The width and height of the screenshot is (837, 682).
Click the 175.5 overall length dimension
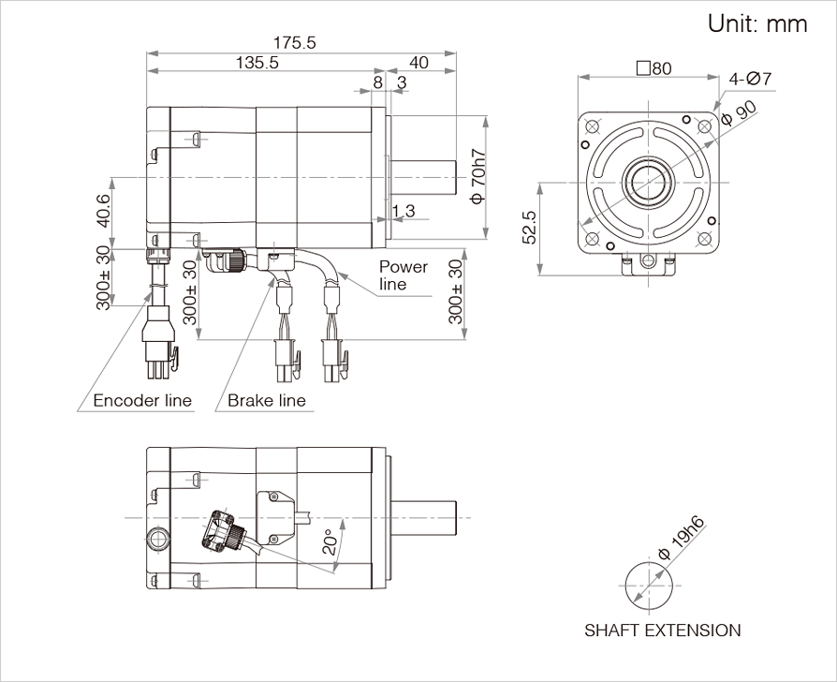295,43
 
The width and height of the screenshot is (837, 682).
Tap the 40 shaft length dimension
418,63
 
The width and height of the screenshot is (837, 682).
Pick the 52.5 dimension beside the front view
529,227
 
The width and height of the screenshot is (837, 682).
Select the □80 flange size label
653,68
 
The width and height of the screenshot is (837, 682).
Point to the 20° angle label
329,542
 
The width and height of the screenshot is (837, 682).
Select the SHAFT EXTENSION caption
662,630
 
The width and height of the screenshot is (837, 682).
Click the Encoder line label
142,401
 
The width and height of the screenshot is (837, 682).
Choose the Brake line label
267,401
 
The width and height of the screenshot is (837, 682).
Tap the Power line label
403,275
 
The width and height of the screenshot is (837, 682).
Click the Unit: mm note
756,23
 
